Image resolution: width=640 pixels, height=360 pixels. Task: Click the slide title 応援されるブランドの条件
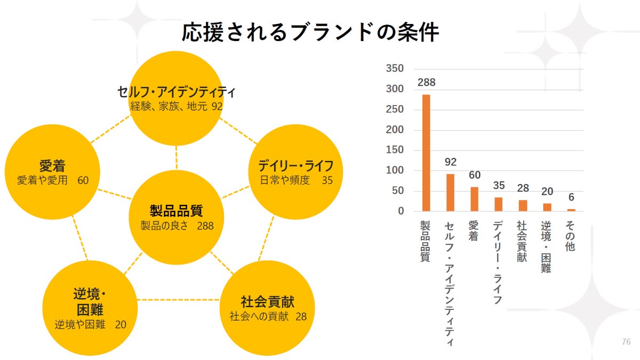tap(310, 32)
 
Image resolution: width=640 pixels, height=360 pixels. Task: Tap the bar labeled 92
tap(450, 193)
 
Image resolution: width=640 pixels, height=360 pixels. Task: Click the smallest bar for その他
tap(571, 210)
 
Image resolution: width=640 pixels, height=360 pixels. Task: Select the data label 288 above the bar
tap(427, 83)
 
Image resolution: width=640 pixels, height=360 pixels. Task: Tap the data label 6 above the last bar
tap(571, 197)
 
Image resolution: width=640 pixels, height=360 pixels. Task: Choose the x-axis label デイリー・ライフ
tap(498, 262)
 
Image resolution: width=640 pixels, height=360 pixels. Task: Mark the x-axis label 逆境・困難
tap(546, 247)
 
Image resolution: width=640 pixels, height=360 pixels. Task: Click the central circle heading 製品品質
tap(176, 210)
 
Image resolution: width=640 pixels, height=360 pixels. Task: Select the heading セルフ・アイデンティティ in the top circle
tap(176, 92)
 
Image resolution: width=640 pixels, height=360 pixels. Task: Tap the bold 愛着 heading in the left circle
tap(52, 165)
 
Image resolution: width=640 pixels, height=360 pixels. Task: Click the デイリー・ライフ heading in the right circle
tap(296, 165)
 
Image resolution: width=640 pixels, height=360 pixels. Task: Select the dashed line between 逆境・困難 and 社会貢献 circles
tap(179, 300)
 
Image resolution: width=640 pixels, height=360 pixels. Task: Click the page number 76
tap(626, 342)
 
